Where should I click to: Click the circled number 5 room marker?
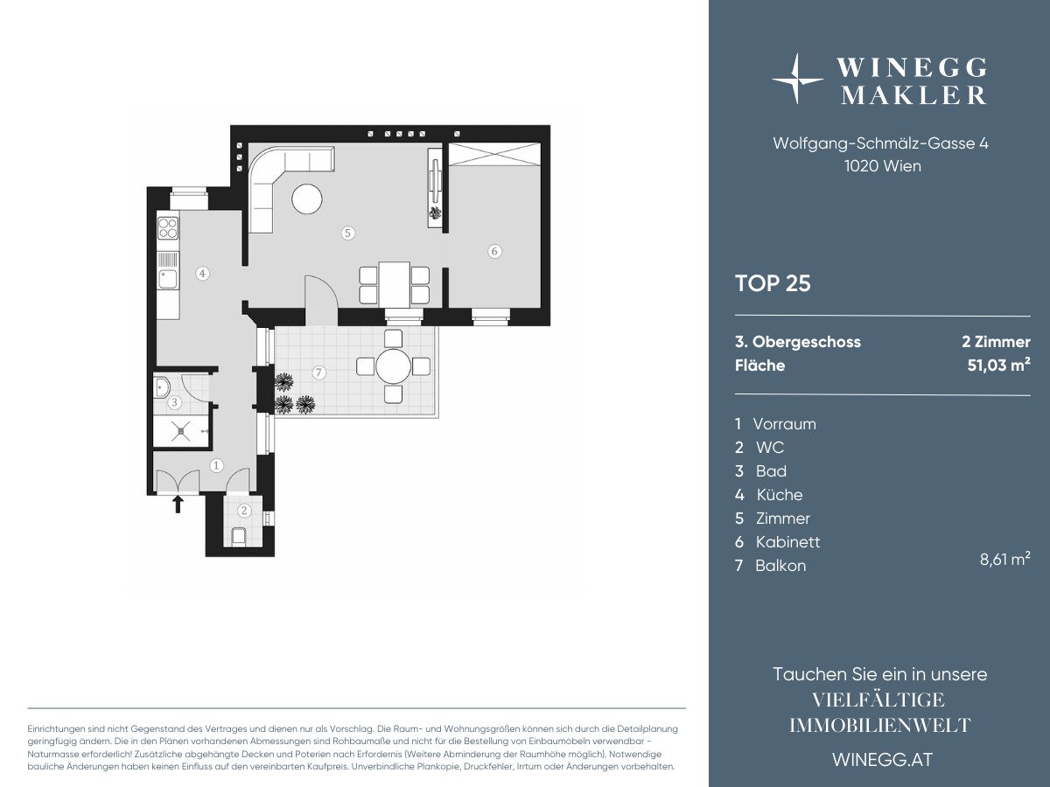click(x=347, y=233)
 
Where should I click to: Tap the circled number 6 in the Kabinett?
click(x=494, y=251)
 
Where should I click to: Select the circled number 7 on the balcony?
click(x=319, y=373)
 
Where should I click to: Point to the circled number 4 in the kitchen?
click(x=202, y=274)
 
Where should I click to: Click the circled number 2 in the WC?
click(x=244, y=511)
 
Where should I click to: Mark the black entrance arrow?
click(x=178, y=505)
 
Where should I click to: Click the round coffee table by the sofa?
click(x=307, y=198)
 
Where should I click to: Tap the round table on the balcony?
click(x=393, y=367)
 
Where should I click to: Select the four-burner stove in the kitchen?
click(x=168, y=227)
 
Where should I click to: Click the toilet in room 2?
click(x=239, y=536)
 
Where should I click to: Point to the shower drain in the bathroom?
click(x=182, y=431)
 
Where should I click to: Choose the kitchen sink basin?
click(x=167, y=279)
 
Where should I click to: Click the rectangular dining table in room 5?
click(x=394, y=284)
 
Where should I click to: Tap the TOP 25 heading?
click(x=773, y=283)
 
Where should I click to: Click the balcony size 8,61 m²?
click(x=1005, y=559)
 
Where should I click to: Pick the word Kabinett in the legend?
click(x=787, y=542)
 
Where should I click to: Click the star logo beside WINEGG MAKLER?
click(x=796, y=79)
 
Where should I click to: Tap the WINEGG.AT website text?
click(x=883, y=760)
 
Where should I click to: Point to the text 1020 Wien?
click(x=883, y=166)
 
